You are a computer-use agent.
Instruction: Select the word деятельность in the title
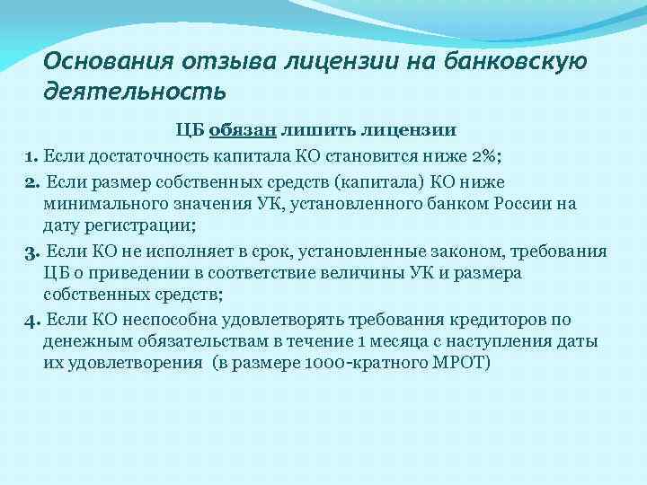click(x=135, y=91)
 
